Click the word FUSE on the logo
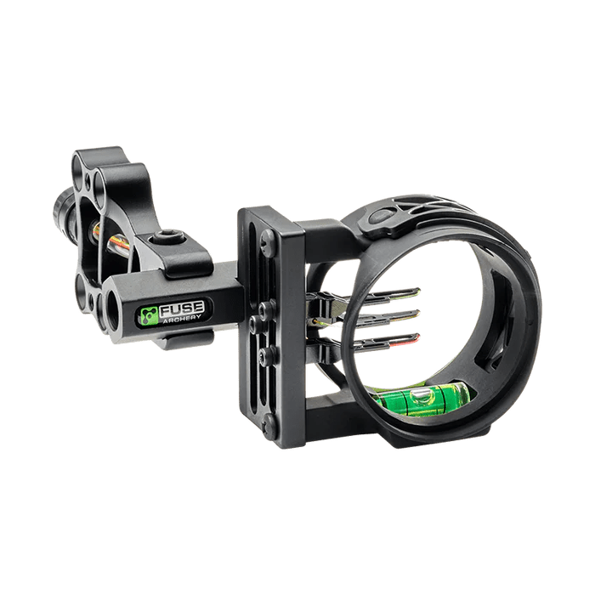tap(182, 309)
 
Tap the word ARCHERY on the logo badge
tap(182, 320)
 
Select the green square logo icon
tap(149, 316)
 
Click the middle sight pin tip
tap(416, 314)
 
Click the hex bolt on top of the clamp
tap(167, 237)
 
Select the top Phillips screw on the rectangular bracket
tap(268, 239)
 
